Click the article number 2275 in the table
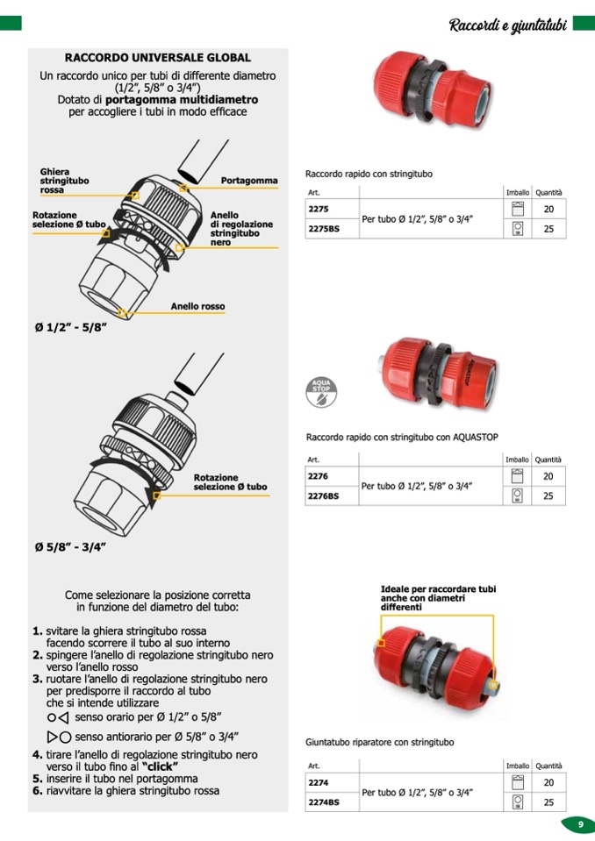click(x=319, y=210)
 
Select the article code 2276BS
click(x=323, y=496)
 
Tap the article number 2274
click(x=319, y=781)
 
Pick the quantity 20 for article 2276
click(x=548, y=476)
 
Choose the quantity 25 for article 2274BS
click(x=548, y=802)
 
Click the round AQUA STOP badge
click(x=321, y=390)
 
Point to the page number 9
click(x=580, y=824)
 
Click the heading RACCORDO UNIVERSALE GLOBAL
click(x=158, y=58)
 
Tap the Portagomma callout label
click(x=249, y=181)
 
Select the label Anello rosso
click(x=197, y=307)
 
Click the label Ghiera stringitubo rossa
click(x=64, y=181)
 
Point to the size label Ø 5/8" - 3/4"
click(x=70, y=547)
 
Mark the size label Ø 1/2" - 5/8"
click(x=70, y=327)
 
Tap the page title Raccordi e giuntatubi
click(x=508, y=25)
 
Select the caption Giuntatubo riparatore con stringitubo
click(x=380, y=742)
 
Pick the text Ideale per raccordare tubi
click(x=438, y=589)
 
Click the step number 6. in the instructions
click(x=38, y=790)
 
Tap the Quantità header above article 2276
click(x=548, y=460)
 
